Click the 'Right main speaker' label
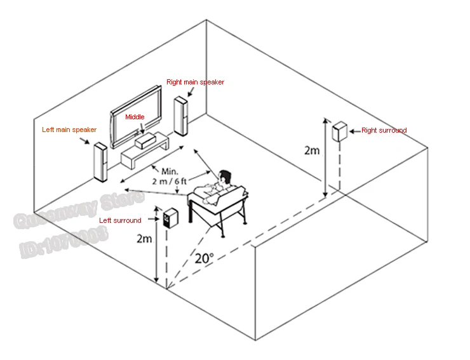[195, 82]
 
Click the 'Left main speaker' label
[69, 130]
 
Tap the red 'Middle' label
[135, 117]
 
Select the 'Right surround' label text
[384, 131]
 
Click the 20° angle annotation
[204, 259]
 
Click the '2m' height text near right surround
[312, 150]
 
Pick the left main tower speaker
[99, 163]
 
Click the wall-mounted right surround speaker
[339, 132]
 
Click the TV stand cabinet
[146, 154]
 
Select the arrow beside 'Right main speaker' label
[191, 93]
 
